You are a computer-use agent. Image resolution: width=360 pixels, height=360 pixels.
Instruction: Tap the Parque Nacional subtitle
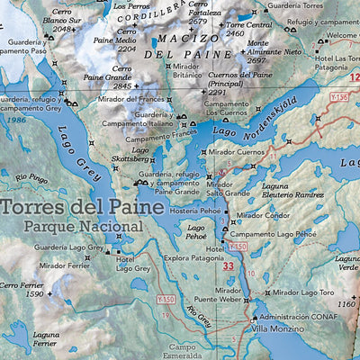pos(84,227)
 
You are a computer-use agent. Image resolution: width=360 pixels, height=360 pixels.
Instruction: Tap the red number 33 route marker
pos(229,265)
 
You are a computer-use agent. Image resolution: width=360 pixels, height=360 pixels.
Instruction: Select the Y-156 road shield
pos(338,96)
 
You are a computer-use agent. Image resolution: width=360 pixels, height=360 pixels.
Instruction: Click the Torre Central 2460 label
pos(247,31)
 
